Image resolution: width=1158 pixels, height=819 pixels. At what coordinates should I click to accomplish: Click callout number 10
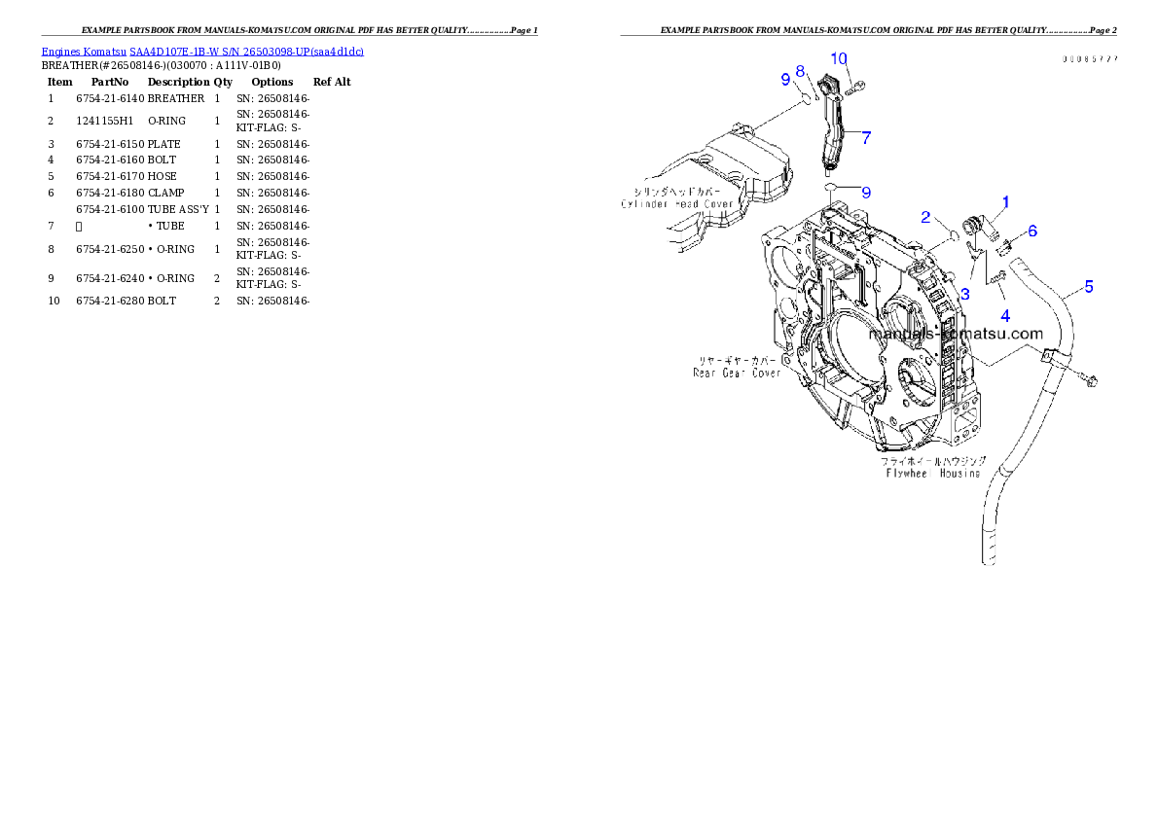839,59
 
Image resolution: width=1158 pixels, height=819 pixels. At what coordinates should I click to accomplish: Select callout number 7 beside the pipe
865,137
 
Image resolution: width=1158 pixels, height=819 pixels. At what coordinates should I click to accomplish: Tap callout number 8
800,71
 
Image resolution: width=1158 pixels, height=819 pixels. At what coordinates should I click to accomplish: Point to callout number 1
1005,202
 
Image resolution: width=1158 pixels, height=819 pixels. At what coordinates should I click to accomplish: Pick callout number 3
964,294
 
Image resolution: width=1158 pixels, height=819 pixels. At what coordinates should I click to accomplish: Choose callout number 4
1005,315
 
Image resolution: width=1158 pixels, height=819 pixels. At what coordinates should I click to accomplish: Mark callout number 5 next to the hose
1088,286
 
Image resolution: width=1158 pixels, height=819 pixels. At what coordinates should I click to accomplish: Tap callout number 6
1031,231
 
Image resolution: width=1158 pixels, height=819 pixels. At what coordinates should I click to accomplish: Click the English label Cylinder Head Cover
678,203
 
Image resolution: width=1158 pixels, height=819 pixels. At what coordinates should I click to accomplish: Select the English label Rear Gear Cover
737,373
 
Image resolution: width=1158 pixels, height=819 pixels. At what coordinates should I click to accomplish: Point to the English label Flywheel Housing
932,474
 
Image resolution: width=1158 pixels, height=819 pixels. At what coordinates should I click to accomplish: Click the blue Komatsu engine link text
202,52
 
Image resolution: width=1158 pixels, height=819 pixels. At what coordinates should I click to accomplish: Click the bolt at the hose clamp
1087,377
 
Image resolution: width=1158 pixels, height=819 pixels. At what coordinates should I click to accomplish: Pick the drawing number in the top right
1090,59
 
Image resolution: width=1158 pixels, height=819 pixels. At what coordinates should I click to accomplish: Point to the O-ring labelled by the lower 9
828,187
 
